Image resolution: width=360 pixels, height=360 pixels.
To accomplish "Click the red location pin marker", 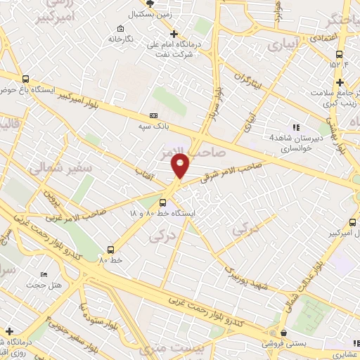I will pyautogui.click(x=180, y=166).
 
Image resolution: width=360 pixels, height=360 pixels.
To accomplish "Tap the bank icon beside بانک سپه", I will pyautogui.click(x=154, y=116).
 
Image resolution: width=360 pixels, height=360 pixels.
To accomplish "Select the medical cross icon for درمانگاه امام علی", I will pyautogui.click(x=174, y=34).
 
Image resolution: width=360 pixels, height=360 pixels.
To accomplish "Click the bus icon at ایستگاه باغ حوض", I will pyautogui.click(x=26, y=79).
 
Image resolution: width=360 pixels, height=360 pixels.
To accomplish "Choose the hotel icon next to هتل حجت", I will pyautogui.click(x=44, y=274).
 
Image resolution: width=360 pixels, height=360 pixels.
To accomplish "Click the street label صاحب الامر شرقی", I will pyautogui.click(x=231, y=170).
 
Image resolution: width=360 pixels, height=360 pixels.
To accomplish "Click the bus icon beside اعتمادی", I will pyautogui.click(x=340, y=53).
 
